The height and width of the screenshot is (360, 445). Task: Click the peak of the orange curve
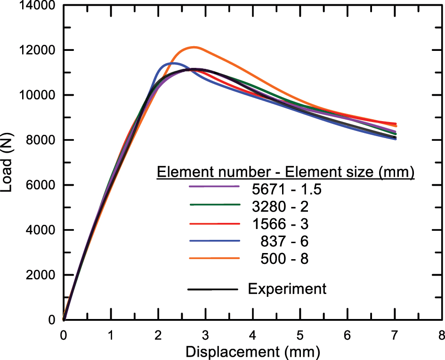coord(194,47)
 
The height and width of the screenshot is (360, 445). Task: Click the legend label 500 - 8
coord(284,259)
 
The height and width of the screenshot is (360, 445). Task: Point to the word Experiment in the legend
coord(287,288)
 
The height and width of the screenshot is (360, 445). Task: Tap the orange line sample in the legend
coord(214,259)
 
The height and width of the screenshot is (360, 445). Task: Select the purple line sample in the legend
coord(214,187)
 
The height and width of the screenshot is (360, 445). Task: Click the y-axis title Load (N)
coord(8,163)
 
